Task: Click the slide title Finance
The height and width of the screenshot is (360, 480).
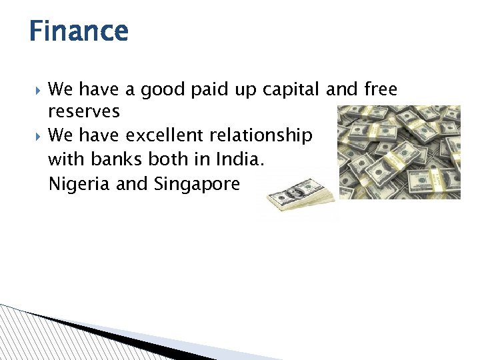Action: [x=78, y=31]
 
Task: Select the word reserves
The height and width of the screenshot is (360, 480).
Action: [x=84, y=111]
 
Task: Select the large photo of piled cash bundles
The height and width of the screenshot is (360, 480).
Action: [x=399, y=152]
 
